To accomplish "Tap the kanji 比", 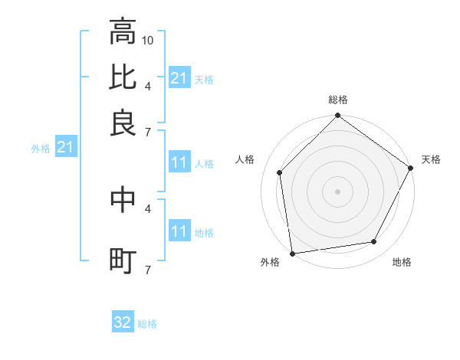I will (123, 77).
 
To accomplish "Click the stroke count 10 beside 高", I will (149, 40).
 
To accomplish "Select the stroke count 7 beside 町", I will (148, 270).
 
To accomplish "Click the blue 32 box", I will (123, 322).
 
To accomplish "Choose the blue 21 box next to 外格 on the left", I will (65, 148).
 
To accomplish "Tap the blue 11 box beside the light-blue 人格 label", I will (179, 163).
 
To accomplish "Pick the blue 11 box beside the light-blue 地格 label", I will (179, 232).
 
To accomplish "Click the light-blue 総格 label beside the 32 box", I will (147, 324).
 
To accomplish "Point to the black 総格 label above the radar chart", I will (337, 100).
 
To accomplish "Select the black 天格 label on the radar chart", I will (431, 159).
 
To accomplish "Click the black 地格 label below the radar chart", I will (402, 262).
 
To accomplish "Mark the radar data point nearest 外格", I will (292, 253).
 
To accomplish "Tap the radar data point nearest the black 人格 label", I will (280, 172).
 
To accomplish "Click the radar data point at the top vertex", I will (337, 116).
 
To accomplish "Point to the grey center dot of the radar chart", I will (337, 191).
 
